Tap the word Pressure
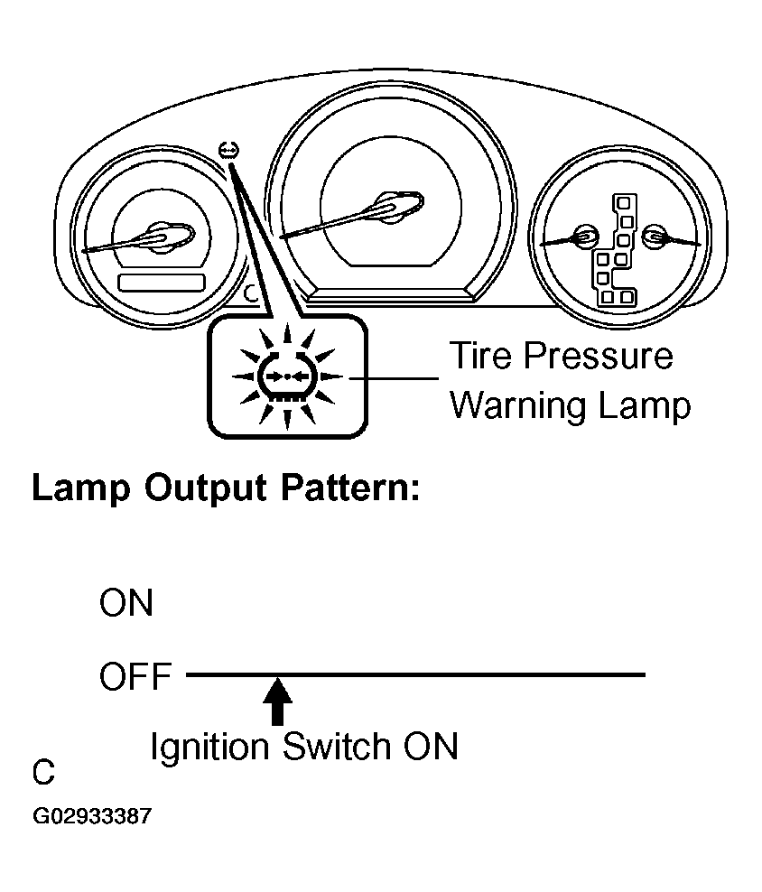point(599,356)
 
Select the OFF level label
point(135,676)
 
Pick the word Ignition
point(209,748)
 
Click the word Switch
point(338,746)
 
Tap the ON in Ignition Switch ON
point(431,746)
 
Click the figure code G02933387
point(92,816)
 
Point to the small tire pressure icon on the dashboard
point(228,151)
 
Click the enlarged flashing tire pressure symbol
point(287,376)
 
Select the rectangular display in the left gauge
point(161,283)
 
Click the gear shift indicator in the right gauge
point(616,250)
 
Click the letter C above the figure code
point(43,772)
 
